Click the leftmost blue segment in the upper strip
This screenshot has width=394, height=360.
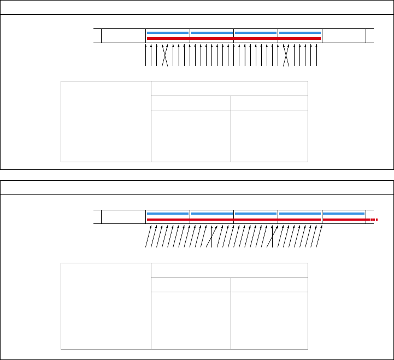(x=168, y=33)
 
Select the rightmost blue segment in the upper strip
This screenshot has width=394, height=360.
(x=299, y=33)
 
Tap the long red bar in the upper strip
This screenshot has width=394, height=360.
(x=234, y=39)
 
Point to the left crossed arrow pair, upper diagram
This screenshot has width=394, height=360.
(x=165, y=56)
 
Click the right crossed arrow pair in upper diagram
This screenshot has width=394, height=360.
(x=286, y=56)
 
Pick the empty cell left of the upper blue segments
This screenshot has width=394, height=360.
(x=124, y=36)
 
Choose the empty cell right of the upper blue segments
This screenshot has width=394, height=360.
(x=344, y=36)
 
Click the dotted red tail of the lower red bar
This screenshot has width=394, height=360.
(x=373, y=220)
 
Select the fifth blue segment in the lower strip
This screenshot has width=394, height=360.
(x=344, y=214)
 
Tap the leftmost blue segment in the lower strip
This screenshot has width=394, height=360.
(x=168, y=214)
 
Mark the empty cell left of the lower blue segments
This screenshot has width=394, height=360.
(x=124, y=216)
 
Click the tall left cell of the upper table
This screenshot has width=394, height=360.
(x=105, y=122)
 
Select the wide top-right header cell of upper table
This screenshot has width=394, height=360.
(x=229, y=89)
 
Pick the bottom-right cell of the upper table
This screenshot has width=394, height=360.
(x=269, y=135)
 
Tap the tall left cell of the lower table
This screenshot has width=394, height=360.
(x=105, y=305)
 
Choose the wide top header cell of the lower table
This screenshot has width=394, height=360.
(x=229, y=270)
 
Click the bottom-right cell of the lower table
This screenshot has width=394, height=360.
(x=269, y=320)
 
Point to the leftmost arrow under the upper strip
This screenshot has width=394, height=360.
(x=146, y=56)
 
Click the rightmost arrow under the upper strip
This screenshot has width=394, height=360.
(x=317, y=56)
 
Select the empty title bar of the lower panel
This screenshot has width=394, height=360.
(x=197, y=187)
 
